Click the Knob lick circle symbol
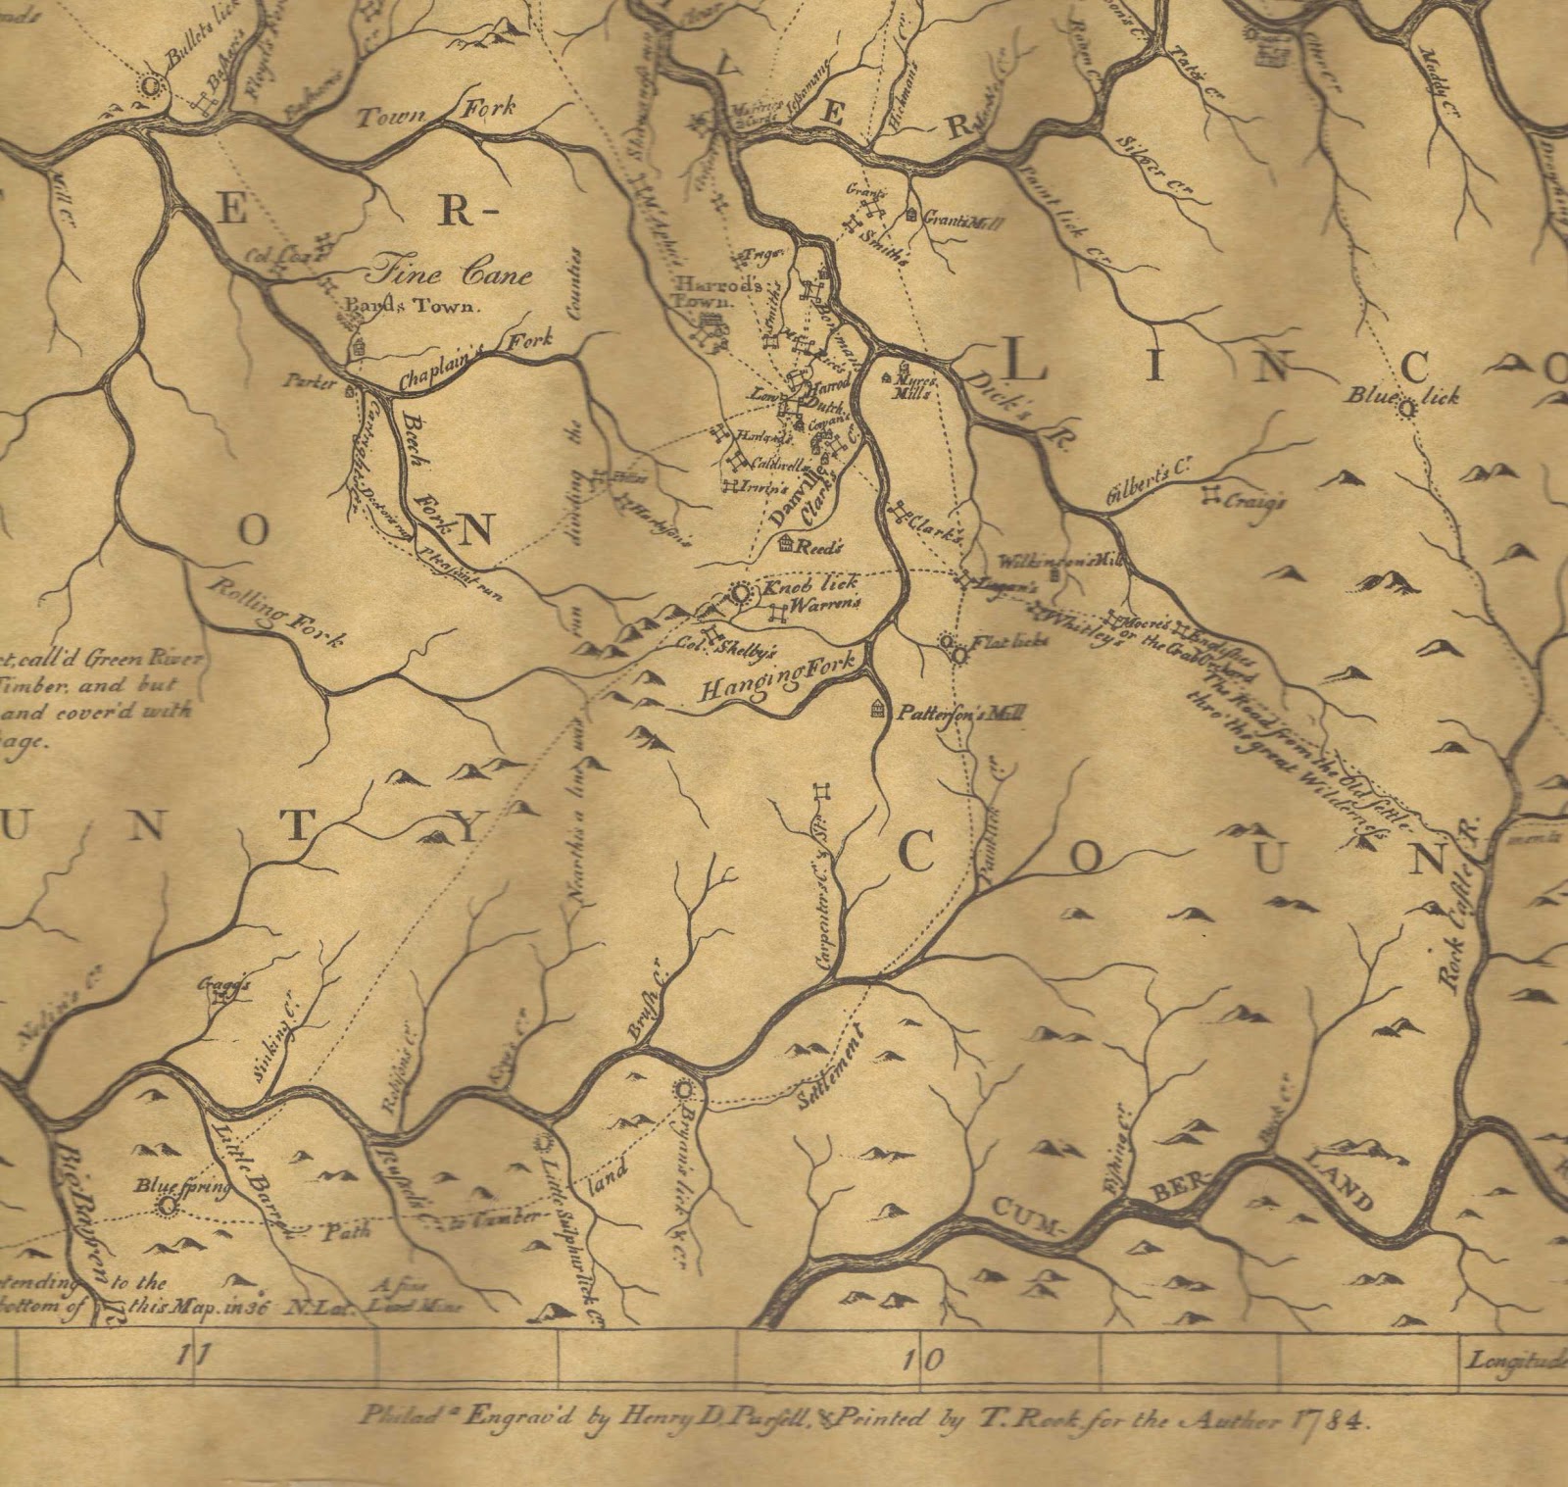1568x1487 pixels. [741, 594]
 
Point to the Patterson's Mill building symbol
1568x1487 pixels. [877, 709]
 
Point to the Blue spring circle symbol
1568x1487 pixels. [168, 1205]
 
